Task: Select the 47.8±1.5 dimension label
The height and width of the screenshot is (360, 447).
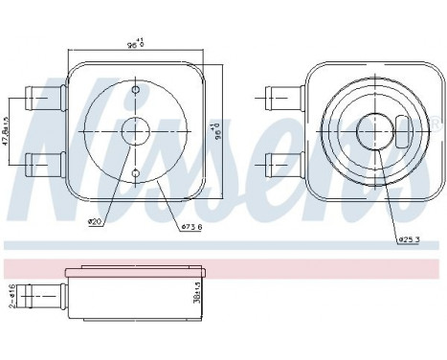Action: point(7,127)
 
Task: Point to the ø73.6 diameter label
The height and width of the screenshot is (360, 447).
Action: point(190,226)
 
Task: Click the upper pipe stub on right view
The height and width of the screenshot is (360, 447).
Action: point(283,96)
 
